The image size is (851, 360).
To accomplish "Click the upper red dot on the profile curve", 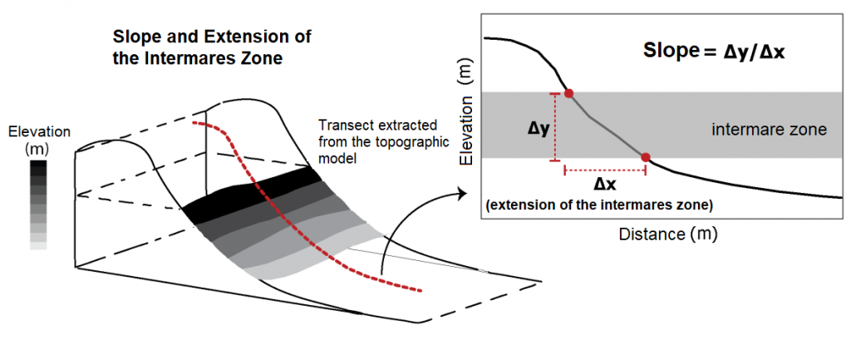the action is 568,93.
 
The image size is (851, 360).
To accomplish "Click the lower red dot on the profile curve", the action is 645,157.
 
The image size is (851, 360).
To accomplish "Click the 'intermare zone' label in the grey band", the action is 769,131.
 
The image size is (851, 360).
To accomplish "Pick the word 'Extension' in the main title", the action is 245,37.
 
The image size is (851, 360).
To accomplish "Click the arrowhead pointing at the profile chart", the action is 463,193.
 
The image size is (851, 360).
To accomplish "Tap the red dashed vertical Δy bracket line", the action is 554,127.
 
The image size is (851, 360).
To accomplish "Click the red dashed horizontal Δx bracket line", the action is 605,170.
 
